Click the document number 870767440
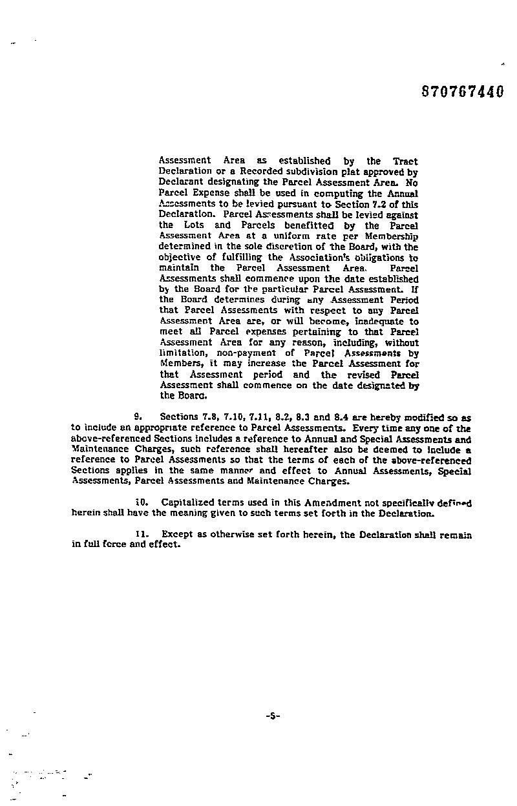pyautogui.click(x=461, y=92)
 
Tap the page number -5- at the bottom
pyautogui.click(x=272, y=716)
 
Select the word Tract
pyautogui.click(x=405, y=161)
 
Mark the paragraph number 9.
pyautogui.click(x=138, y=418)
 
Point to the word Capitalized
pyautogui.click(x=192, y=502)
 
